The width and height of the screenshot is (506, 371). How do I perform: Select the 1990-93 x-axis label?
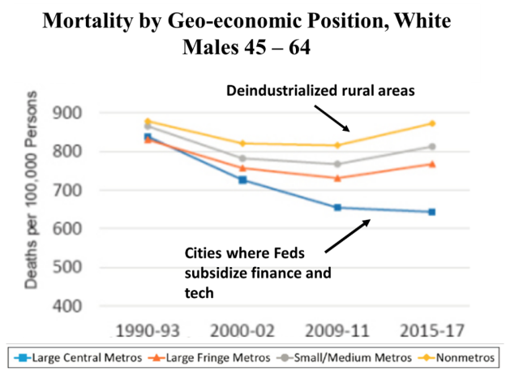click(148, 331)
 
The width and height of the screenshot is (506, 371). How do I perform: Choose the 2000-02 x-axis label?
click(242, 331)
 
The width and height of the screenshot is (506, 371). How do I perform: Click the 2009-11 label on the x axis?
click(337, 331)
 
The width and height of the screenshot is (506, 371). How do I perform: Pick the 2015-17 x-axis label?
click(431, 331)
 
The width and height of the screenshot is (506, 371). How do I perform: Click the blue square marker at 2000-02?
click(242, 179)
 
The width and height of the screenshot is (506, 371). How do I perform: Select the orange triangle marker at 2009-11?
click(337, 178)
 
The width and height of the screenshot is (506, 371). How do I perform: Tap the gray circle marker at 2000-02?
click(242, 158)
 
